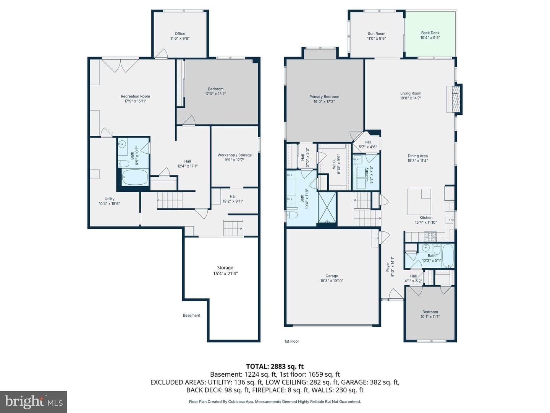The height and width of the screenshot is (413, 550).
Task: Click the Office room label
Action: pyautogui.click(x=180, y=34)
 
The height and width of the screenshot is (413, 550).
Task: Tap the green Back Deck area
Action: pyautogui.click(x=430, y=34)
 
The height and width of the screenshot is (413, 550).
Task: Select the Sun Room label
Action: pyautogui.click(x=376, y=34)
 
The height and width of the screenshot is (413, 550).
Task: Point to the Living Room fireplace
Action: pyautogui.click(x=455, y=99)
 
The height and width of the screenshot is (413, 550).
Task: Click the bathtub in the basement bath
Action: pyautogui.click(x=135, y=177)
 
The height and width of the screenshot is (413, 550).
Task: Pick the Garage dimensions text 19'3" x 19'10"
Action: pyautogui.click(x=332, y=281)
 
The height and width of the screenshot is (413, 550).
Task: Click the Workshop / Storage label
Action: pyautogui.click(x=235, y=155)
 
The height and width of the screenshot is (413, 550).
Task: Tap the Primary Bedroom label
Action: pyautogui.click(x=324, y=96)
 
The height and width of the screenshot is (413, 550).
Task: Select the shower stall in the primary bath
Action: pyautogui.click(x=327, y=207)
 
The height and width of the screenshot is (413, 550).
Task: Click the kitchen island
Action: pyautogui.click(x=419, y=202)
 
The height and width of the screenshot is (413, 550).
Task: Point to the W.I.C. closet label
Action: pyautogui.click(x=334, y=164)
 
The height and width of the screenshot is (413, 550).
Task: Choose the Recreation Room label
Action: pyautogui.click(x=135, y=96)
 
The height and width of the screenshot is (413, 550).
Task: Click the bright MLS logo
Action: pyautogui.click(x=34, y=402)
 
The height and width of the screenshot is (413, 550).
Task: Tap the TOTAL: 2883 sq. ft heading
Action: pyautogui.click(x=275, y=366)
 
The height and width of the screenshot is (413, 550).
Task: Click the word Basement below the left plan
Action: pyautogui.click(x=191, y=315)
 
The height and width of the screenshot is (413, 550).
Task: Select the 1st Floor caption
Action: pyautogui.click(x=292, y=341)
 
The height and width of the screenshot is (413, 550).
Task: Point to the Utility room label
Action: pyautogui.click(x=110, y=198)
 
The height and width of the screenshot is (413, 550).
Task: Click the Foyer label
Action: pyautogui.click(x=388, y=267)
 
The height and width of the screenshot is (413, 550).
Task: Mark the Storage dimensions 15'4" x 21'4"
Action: pyautogui.click(x=225, y=273)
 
